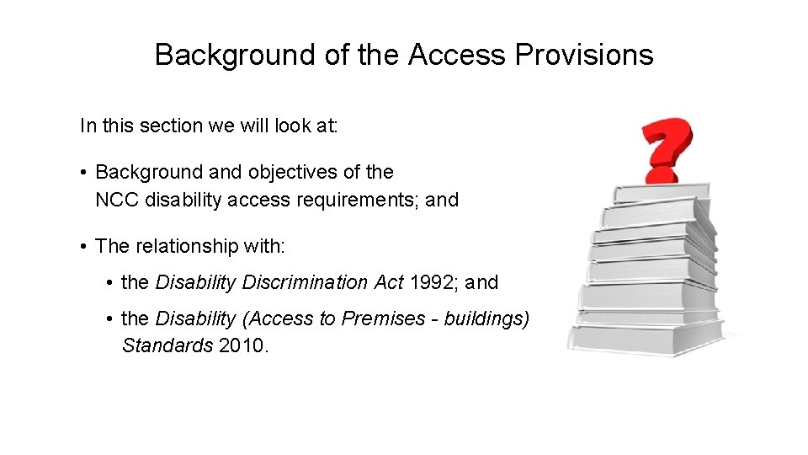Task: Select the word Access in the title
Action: pos(457,56)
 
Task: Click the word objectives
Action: pos(291,173)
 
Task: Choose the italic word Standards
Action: pos(167,346)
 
